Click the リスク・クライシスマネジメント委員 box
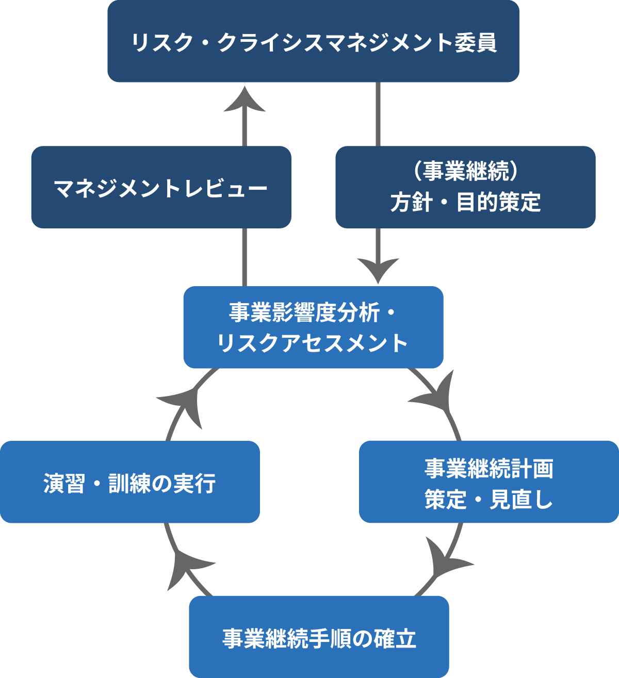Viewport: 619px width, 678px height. pos(313,41)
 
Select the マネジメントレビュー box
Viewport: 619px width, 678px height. pos(161,187)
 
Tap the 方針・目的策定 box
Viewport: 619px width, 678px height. pos(465,187)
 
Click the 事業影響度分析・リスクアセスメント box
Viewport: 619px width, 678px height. pos(313,327)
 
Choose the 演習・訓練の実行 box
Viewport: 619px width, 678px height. pos(129,482)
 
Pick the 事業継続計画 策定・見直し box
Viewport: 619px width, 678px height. pos(488,482)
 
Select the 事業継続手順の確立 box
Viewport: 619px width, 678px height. pos(319,637)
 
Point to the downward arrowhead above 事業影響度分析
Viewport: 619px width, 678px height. pos(378,269)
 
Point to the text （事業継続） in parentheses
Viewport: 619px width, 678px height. pos(465,172)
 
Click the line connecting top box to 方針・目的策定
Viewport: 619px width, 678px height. pos(378,114)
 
